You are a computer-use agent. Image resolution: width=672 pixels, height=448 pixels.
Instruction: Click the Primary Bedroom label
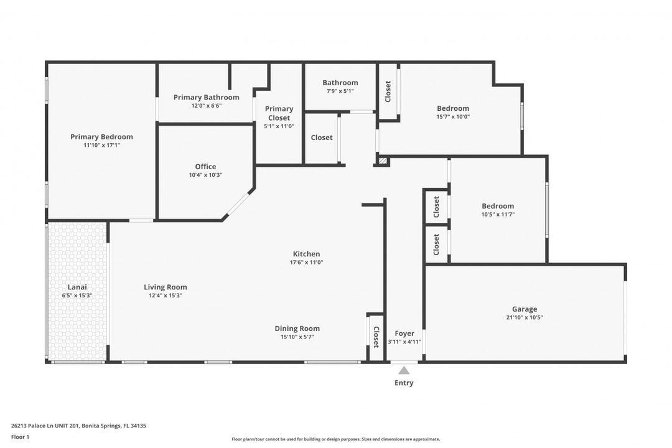[x=101, y=137]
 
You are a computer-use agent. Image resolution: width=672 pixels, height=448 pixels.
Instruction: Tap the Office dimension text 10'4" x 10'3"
[x=205, y=175]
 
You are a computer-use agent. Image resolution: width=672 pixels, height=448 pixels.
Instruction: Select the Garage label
[x=525, y=309]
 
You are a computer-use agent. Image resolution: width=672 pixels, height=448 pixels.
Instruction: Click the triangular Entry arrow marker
[x=404, y=371]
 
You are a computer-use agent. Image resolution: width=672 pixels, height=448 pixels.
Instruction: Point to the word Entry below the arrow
[x=404, y=383]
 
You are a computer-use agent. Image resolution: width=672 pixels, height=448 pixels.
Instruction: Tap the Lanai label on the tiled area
[x=77, y=287]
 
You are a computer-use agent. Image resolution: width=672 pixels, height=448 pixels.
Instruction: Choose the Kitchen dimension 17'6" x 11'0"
[x=307, y=262]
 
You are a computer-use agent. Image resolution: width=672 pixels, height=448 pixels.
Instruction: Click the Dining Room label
[x=297, y=329]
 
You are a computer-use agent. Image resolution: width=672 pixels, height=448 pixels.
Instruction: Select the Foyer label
[x=404, y=334]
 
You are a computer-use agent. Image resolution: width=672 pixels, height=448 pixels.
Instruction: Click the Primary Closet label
[x=279, y=113]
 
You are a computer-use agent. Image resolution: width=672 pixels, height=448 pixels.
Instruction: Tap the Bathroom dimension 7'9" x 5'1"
[x=340, y=91]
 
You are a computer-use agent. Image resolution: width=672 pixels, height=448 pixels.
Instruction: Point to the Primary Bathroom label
[x=206, y=97]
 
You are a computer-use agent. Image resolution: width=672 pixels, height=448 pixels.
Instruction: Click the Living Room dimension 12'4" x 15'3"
[x=166, y=296]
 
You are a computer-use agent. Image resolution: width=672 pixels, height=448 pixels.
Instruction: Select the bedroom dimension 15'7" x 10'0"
[x=453, y=116]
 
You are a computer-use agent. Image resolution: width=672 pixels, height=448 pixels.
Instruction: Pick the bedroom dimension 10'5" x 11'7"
[x=498, y=214]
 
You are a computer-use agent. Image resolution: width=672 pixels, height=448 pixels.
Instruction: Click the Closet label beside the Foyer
[x=376, y=337]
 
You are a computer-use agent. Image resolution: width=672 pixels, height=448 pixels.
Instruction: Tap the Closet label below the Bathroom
[x=322, y=138]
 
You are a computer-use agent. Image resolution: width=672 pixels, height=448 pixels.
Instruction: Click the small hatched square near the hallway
[x=383, y=162]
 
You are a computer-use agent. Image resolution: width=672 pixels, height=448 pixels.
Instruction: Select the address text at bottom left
[x=78, y=426]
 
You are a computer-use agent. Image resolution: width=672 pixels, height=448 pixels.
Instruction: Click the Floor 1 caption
[x=20, y=437]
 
